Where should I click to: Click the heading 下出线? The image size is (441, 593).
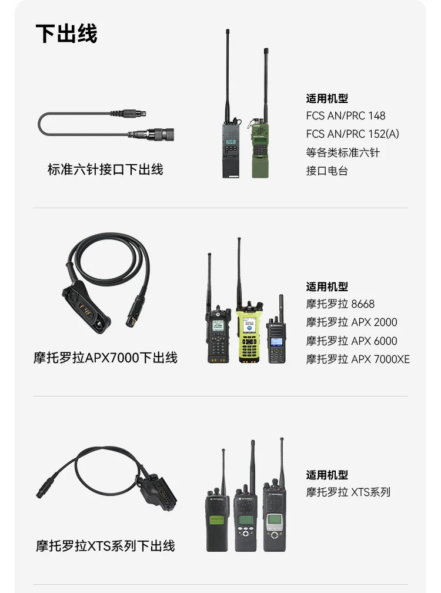pos(66,34)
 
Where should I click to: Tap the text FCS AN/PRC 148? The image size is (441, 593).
pos(345,116)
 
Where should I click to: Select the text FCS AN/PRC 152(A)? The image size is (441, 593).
pos(353,134)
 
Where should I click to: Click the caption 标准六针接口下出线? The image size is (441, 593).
pos(105,169)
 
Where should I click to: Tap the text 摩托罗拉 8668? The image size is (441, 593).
pos(340,304)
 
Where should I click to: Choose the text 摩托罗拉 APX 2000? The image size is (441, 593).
pos(352,322)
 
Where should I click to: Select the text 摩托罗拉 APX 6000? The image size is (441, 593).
pos(352,341)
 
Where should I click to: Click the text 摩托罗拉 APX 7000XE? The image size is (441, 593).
pos(358,359)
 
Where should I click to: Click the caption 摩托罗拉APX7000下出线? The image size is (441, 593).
pos(105,358)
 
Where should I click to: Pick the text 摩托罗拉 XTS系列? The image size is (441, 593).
pos(348,492)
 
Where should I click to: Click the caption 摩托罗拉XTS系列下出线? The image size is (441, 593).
pos(105,546)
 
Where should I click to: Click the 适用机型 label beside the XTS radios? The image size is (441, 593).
pos(327,475)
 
